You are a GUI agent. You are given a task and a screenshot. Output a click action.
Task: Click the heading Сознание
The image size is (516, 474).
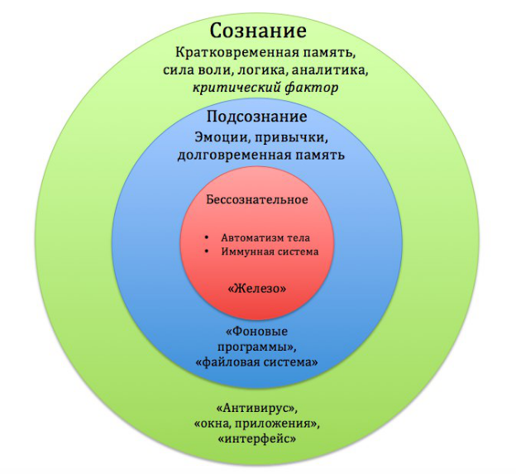click(258, 31)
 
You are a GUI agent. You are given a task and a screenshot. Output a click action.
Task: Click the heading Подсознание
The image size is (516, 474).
click(256, 117)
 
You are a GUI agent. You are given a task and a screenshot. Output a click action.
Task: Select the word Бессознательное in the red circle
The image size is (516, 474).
click(257, 199)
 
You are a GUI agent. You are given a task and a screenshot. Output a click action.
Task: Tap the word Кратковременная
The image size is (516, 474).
click(236, 53)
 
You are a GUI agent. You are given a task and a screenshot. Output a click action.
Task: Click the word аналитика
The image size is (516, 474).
click(329, 70)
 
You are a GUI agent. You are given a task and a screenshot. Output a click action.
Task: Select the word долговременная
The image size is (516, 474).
click(234, 155)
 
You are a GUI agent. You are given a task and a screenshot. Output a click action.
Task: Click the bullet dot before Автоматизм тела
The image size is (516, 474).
click(207, 237)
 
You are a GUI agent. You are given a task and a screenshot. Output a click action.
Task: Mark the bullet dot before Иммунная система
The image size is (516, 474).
click(207, 251)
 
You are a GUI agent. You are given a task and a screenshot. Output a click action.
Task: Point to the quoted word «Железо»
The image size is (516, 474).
click(257, 289)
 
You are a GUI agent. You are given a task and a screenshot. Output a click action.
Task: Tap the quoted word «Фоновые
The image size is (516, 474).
click(256, 332)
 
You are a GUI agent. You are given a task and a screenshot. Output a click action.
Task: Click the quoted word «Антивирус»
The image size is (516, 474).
click(257, 409)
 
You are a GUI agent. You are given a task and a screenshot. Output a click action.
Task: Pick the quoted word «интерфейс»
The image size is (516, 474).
click(256, 439)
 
